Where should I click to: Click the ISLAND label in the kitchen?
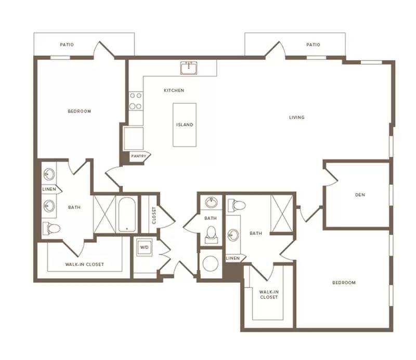(185, 125)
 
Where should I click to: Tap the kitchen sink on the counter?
(189, 68)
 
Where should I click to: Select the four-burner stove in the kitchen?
(136, 101)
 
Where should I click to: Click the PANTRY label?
(138, 156)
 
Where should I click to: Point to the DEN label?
(360, 195)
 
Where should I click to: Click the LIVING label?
(297, 117)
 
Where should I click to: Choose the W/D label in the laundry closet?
(145, 247)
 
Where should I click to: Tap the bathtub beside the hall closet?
(127, 215)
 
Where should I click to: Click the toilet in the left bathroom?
(51, 228)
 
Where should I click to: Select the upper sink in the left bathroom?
(49, 174)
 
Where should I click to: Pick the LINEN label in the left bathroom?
(49, 189)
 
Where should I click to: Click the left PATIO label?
(67, 45)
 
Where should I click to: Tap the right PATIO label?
(314, 45)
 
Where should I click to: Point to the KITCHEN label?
(174, 90)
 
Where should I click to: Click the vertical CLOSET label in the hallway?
(154, 215)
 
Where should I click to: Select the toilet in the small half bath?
(212, 235)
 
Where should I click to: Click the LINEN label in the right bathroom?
(232, 258)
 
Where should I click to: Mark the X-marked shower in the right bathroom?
(282, 214)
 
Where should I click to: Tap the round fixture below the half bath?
(211, 264)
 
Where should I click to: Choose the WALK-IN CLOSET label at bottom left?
(85, 264)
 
